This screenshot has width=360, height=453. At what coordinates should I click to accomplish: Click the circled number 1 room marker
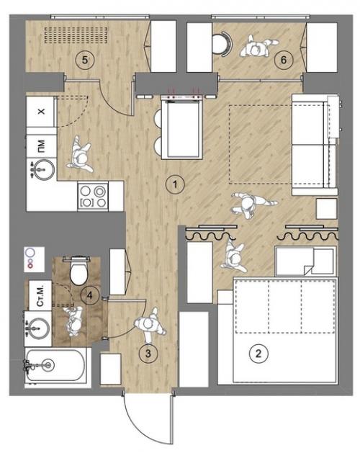pos(175,184)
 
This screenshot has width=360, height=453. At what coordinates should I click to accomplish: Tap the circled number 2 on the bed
pos(258,354)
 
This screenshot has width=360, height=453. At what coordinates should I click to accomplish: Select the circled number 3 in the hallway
pos(148,354)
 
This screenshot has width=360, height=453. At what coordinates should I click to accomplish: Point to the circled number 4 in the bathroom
pos(90,295)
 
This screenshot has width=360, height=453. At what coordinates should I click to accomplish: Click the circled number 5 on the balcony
pos(85,60)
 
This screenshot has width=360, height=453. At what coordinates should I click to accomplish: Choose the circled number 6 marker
pos(284,60)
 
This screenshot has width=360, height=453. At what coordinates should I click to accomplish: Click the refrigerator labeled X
pos(40,112)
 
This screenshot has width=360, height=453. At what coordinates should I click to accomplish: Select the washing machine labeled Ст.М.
pos(40,295)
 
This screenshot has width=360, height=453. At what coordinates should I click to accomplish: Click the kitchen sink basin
pos(42,169)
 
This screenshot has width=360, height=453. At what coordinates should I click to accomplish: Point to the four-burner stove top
pos(93,197)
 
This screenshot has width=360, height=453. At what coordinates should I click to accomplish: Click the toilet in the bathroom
pos(78,271)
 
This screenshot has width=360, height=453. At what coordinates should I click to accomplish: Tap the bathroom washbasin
pos(37,329)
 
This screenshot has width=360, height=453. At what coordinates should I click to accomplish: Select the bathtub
pos(55,365)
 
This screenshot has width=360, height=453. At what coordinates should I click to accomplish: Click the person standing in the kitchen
pos(79,155)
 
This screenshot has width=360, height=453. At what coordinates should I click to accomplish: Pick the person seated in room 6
pos(256,47)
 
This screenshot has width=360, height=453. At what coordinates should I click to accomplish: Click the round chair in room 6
pos(222,43)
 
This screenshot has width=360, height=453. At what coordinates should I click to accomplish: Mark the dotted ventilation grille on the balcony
pos(77,35)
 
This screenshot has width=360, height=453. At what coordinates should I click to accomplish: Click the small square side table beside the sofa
pos(326,209)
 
